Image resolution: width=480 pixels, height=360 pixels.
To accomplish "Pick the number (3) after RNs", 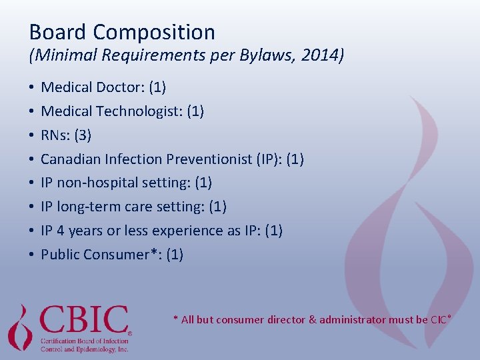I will click(83, 135).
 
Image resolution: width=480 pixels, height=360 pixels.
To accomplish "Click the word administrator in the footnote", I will click(351, 320).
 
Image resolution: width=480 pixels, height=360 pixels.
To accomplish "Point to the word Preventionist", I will click(209, 159).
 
